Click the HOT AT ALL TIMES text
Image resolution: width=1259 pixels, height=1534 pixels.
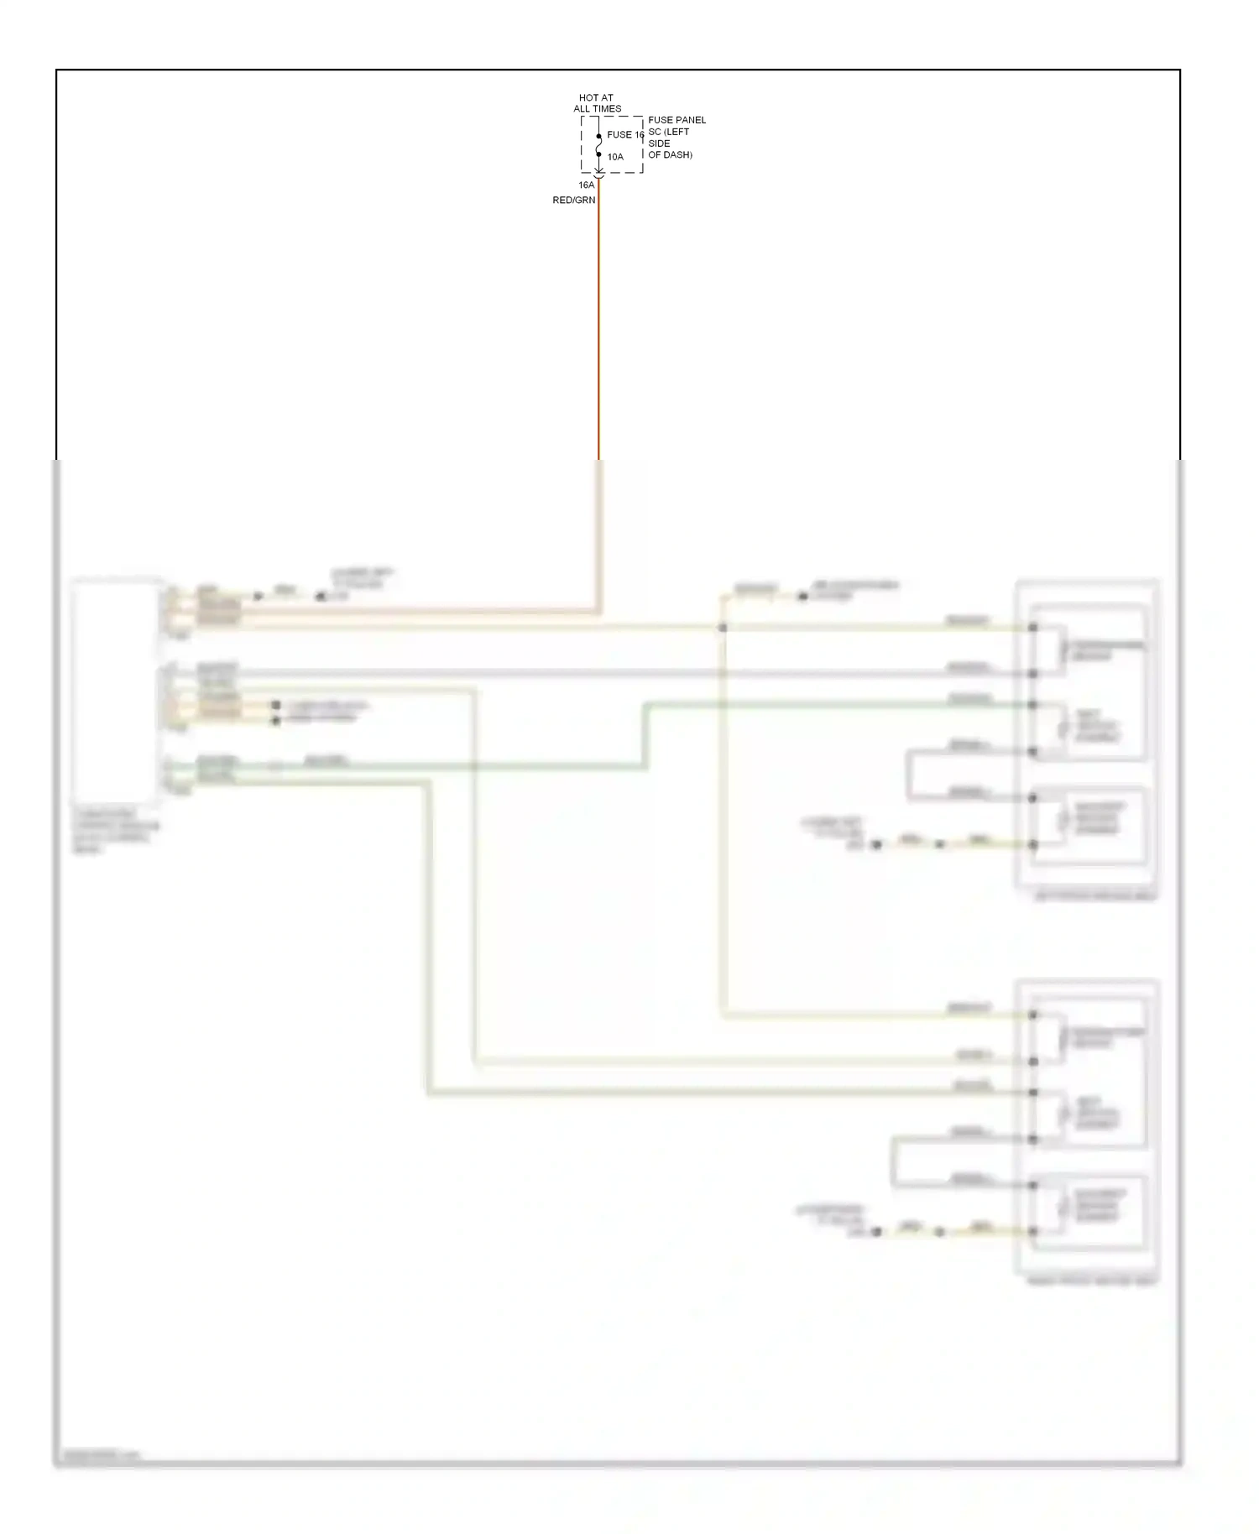coord(597,103)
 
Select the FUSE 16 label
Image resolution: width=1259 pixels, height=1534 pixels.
coord(624,134)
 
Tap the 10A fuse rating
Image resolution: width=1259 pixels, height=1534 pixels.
coord(615,157)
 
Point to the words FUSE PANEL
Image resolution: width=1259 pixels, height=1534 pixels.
coord(677,120)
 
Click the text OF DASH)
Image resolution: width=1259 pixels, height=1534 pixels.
coord(670,155)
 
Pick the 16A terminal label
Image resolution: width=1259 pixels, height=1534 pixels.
coord(586,185)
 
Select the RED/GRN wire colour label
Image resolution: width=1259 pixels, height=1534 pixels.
coord(573,201)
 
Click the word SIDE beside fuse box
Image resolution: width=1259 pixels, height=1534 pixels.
coord(659,143)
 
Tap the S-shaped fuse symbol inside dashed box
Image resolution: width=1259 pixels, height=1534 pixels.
coord(598,145)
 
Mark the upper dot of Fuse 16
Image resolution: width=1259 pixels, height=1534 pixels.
coord(598,136)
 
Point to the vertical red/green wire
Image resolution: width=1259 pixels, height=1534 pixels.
coord(598,336)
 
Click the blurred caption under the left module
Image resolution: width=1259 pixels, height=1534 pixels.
coord(114,832)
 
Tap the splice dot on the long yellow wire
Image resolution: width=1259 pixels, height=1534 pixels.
coord(722,628)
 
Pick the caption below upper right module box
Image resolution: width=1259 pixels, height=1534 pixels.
coord(1095,896)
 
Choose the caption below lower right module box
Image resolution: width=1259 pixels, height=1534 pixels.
coord(1091,1281)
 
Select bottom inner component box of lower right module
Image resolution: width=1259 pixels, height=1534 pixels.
coord(1089,1208)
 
